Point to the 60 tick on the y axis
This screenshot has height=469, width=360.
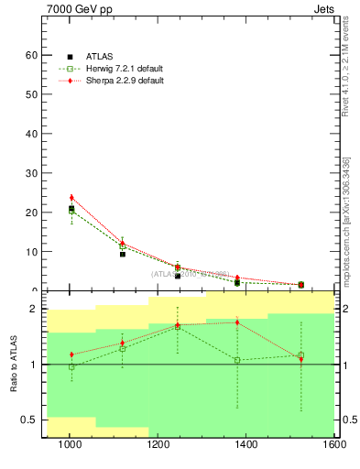click(31, 55)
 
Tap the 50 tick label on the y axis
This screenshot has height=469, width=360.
click(31, 94)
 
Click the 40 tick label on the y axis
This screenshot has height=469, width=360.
click(31, 134)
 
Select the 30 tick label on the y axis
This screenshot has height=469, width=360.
click(31, 173)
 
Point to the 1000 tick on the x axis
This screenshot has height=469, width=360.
click(70, 445)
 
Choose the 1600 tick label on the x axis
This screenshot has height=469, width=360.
click(335, 445)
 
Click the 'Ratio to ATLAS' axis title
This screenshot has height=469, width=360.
click(13, 365)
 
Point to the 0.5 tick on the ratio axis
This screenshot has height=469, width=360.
click(29, 420)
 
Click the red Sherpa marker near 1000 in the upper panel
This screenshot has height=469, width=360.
click(71, 197)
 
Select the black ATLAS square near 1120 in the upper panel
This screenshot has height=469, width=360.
click(123, 254)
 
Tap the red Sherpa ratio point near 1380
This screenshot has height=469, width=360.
click(237, 322)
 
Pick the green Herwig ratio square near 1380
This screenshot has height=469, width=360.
click(237, 360)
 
